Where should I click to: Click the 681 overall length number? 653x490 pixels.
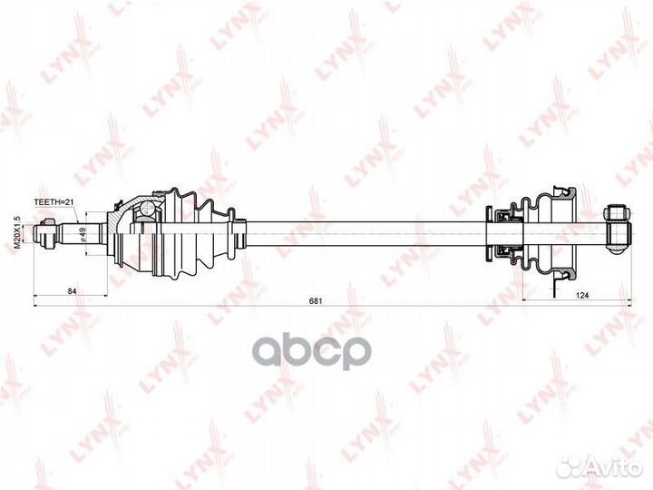pos(316,300)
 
